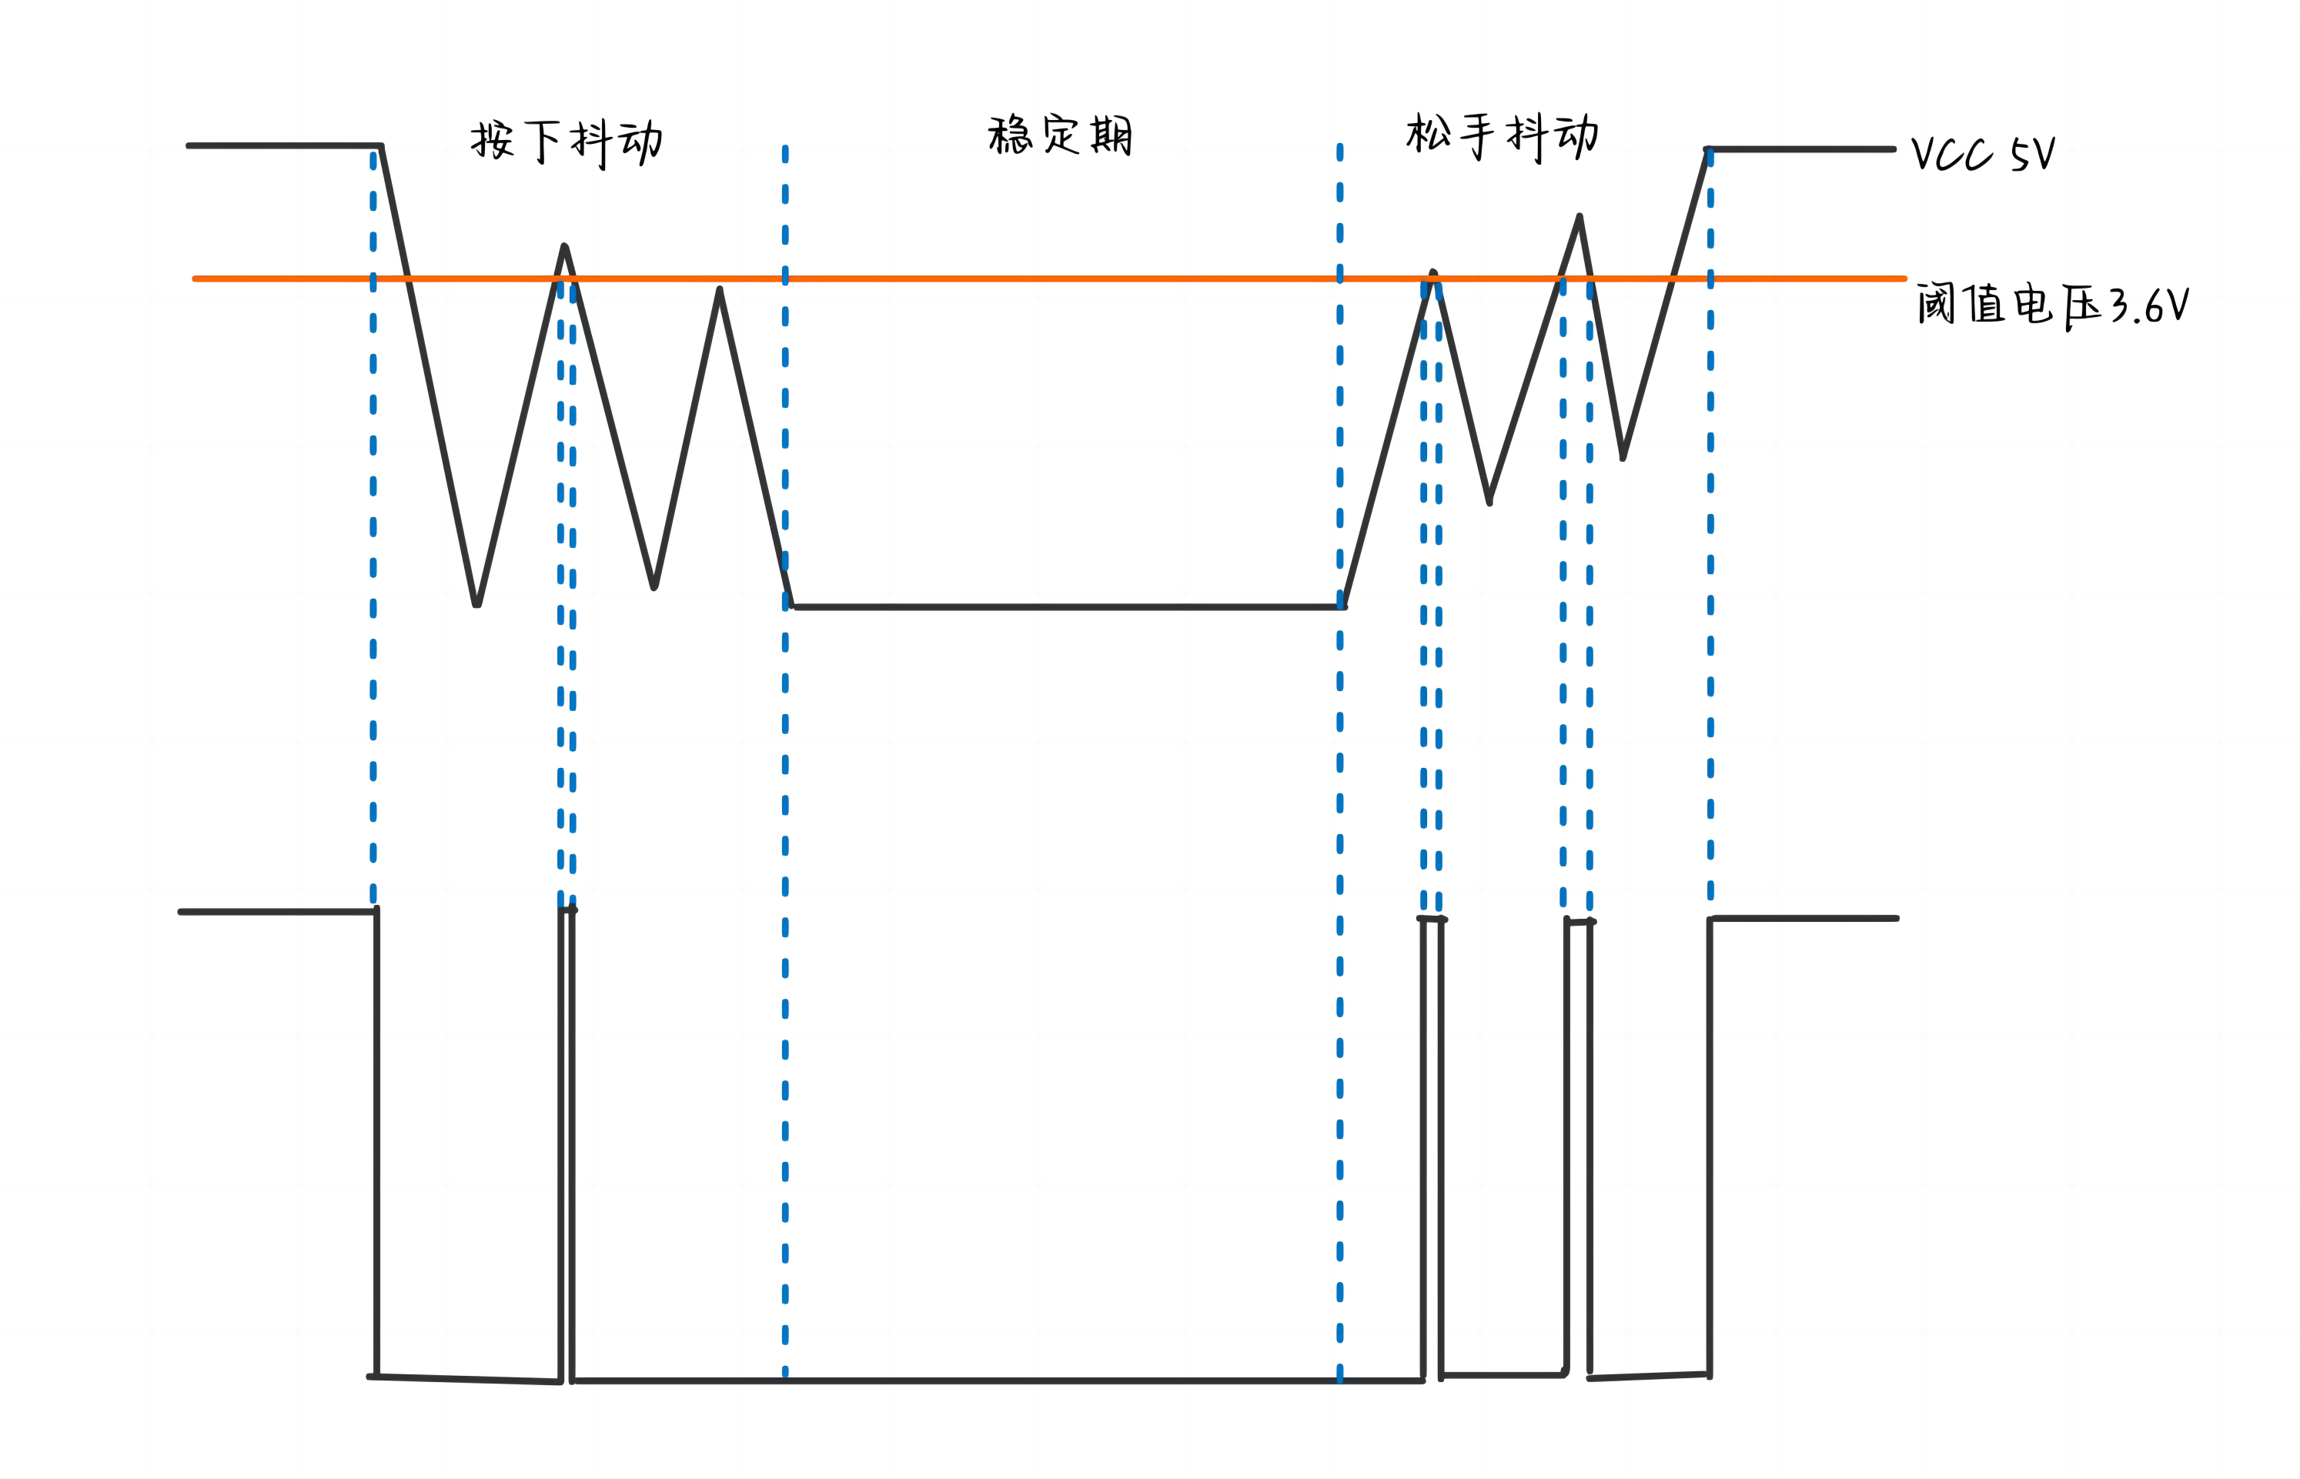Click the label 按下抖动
pos(567,142)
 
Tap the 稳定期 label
pos(1060,135)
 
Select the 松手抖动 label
pos(1502,136)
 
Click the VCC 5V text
pos(1983,154)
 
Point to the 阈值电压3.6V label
pos(2052,305)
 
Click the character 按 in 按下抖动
pos(492,140)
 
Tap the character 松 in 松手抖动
pos(1428,133)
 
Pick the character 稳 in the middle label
pos(1009,135)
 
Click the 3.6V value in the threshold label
pos(2150,306)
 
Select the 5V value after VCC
pos(2033,154)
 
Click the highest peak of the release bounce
pos(1580,217)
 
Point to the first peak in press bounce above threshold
pos(564,247)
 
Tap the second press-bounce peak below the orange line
pos(720,290)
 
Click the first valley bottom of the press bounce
pos(476,603)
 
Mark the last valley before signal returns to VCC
pos(1623,457)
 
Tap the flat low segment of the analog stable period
pos(1066,607)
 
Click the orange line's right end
pos(1904,279)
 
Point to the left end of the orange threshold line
pos(196,279)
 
